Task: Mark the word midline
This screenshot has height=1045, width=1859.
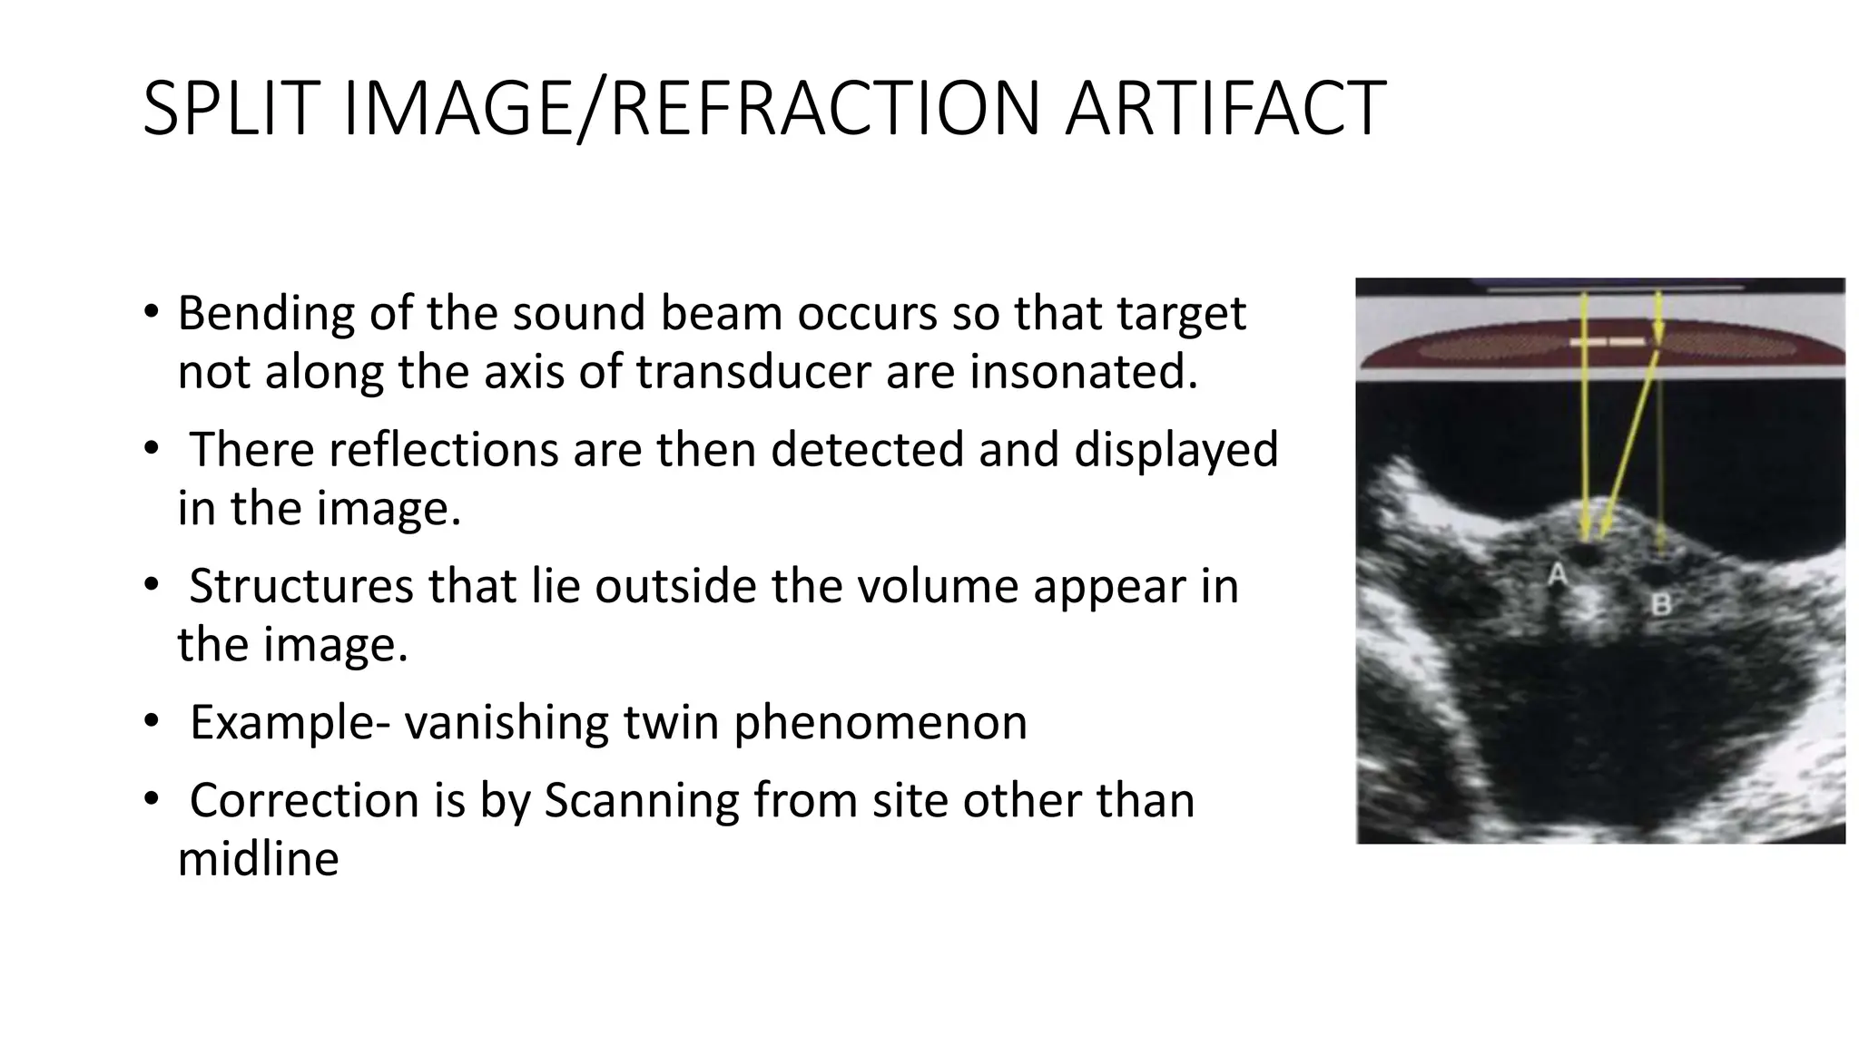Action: point(258,859)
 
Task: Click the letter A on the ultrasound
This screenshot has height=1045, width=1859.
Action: point(1558,574)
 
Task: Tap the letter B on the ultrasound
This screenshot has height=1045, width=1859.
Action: point(1661,604)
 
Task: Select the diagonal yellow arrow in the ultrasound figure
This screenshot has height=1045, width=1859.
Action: point(1629,444)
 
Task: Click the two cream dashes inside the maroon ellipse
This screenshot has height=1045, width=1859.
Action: point(1607,342)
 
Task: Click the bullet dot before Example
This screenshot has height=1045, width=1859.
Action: point(151,722)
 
